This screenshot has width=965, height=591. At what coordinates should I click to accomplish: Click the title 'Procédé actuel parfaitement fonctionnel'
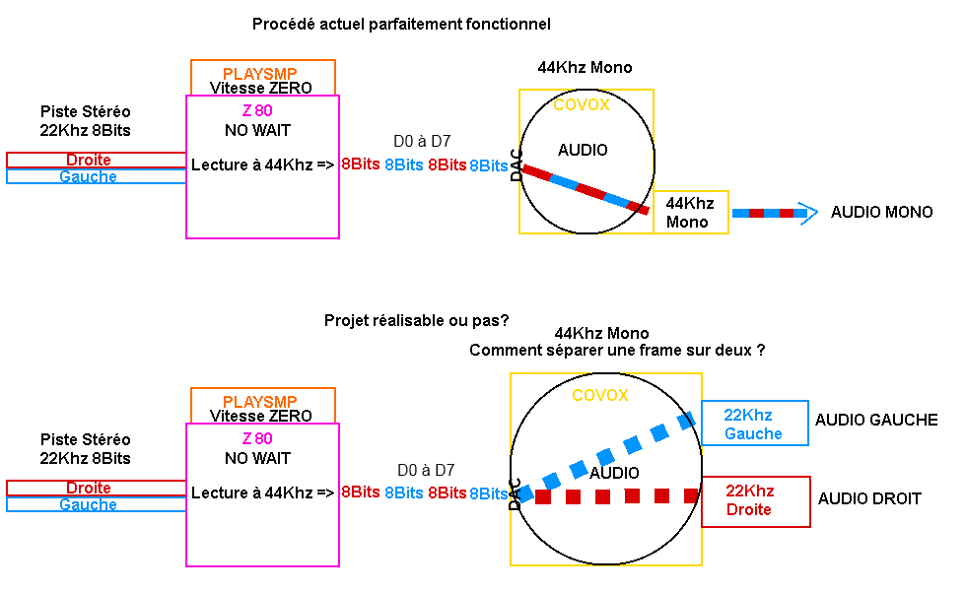click(x=401, y=24)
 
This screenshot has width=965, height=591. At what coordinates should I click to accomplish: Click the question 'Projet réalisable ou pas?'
click(x=417, y=321)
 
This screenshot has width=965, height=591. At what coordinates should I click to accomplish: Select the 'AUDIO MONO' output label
click(x=881, y=213)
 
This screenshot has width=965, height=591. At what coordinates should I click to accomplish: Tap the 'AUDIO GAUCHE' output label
click(x=875, y=420)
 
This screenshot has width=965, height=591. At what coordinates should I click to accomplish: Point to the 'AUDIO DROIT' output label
click(x=869, y=499)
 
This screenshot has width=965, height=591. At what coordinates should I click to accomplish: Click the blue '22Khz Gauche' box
click(x=754, y=425)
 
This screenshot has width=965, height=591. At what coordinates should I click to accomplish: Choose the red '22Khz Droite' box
click(x=755, y=501)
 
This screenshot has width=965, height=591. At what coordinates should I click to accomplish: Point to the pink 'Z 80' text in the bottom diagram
click(x=256, y=438)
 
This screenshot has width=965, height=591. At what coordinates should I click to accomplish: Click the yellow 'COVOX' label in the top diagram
click(x=581, y=104)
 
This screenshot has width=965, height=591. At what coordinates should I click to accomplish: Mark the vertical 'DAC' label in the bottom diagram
click(x=515, y=494)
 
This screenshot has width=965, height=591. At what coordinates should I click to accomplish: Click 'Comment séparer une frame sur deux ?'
click(x=617, y=351)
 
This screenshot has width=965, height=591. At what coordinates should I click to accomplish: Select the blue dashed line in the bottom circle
click(x=607, y=457)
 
